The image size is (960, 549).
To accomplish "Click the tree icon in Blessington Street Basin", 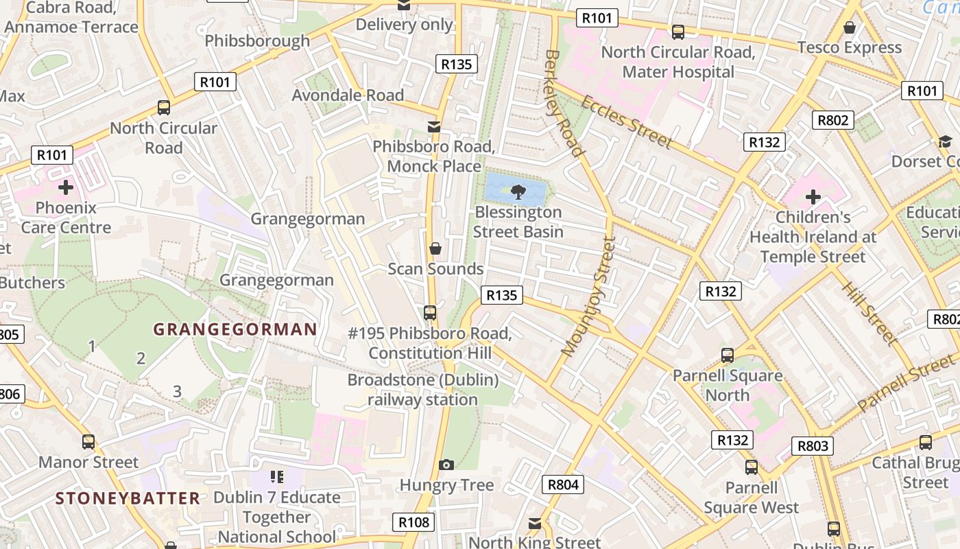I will tap(518, 191).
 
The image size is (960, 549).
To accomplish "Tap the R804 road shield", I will tap(564, 484).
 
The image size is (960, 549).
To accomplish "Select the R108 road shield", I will tap(414, 522).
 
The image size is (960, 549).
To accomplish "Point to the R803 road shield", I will tap(813, 446).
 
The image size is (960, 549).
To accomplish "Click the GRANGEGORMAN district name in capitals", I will tap(235, 329).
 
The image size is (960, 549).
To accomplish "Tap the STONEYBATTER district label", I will tap(128, 498).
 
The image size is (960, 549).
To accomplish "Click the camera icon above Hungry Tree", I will tap(446, 465).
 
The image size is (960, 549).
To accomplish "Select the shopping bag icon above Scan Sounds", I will tap(435, 248).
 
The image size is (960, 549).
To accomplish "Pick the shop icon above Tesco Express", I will tap(850, 27).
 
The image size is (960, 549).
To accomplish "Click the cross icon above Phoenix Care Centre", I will tap(66, 187).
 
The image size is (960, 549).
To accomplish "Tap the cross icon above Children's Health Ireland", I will tap(813, 198).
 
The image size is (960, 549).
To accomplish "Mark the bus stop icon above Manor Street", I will tap(88, 442).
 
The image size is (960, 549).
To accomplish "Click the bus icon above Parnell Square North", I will tap(728, 355).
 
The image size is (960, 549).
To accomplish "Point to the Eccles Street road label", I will tap(626, 122).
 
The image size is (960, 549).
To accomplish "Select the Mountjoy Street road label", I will tap(588, 296).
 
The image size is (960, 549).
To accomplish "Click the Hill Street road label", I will tap(868, 313).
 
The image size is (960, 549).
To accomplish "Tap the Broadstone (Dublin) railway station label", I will tap(423, 390).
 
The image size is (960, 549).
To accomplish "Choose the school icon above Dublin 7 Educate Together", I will tap(276, 477).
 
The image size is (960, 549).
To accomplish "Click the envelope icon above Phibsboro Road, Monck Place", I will tap(433, 127).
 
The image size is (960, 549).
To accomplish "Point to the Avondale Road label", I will tap(348, 95).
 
